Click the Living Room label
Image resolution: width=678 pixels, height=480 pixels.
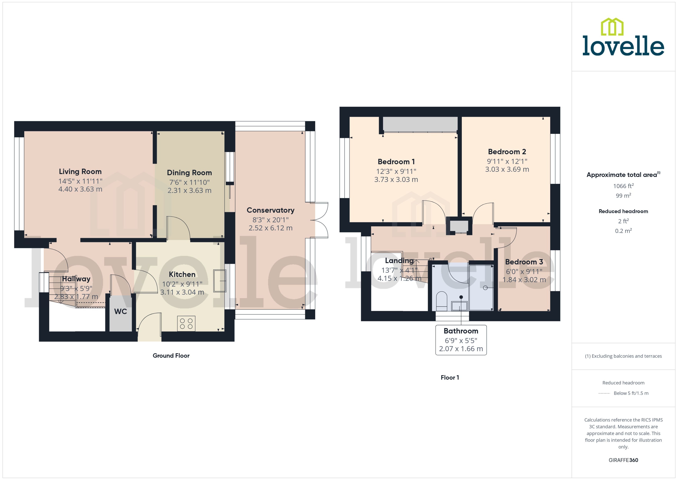click(80, 171)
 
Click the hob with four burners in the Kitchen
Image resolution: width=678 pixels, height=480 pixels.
click(186, 323)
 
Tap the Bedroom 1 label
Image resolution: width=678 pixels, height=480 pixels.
click(396, 162)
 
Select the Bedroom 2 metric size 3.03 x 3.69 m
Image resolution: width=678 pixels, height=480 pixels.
click(507, 169)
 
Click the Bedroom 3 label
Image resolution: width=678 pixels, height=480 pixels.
click(524, 262)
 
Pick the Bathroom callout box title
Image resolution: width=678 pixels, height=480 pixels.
click(461, 331)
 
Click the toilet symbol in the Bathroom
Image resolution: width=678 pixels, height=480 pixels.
click(442, 301)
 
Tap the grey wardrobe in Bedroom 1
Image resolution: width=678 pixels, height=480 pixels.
click(420, 124)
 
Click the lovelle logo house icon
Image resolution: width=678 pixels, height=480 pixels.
click(612, 27)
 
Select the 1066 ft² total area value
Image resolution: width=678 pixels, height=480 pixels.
click(623, 186)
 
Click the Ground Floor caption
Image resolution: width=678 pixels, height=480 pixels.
click(171, 356)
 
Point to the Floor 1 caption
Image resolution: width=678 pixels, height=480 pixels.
click(450, 377)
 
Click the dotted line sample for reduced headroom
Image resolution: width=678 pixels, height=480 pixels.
click(604, 393)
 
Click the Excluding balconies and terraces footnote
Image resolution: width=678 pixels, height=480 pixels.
click(623, 356)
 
